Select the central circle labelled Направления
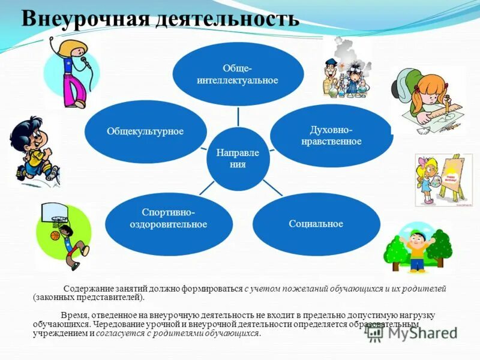point(237,158)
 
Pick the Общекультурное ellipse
point(145,131)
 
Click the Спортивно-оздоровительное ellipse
point(169,218)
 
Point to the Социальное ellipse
point(316,224)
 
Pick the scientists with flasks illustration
point(347,69)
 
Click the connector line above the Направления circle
point(238,116)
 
